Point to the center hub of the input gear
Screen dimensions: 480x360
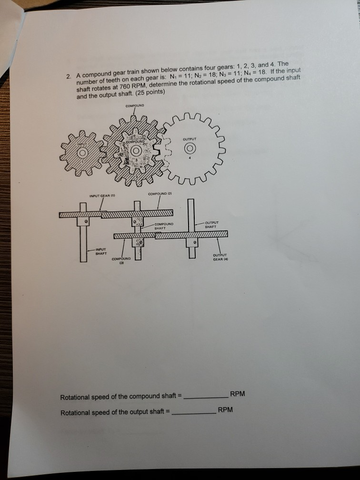tap(82, 153)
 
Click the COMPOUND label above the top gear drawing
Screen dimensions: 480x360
tap(133, 106)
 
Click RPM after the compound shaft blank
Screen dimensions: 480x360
tap(238, 394)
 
